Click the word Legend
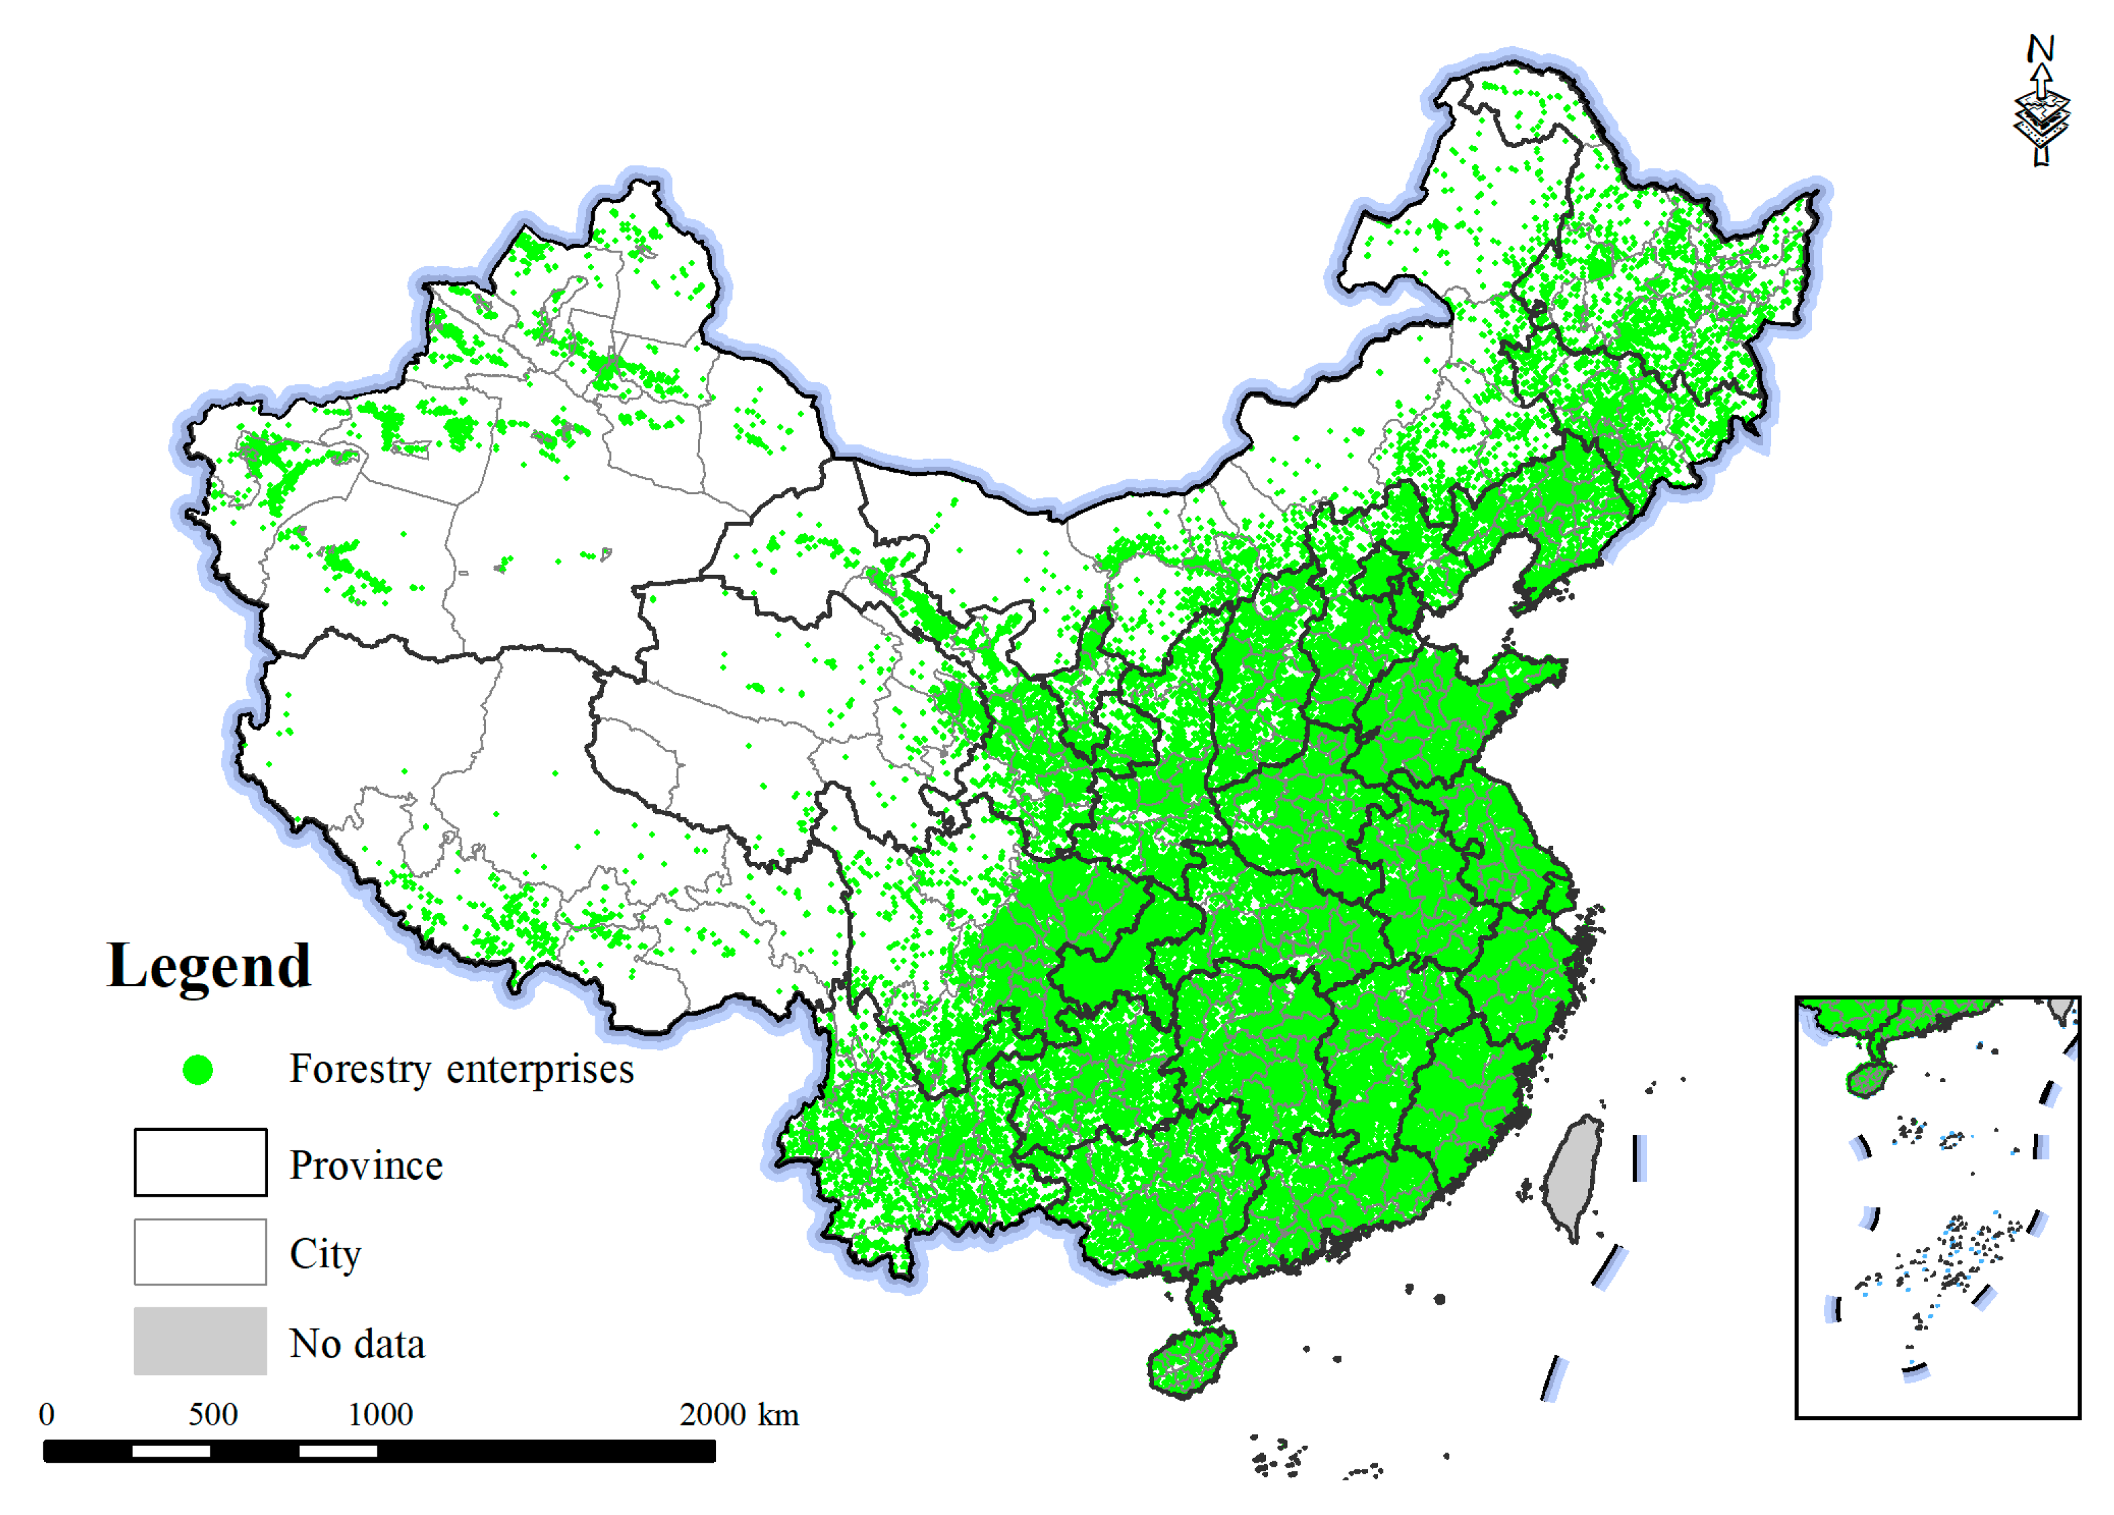209,966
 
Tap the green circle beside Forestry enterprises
198,1070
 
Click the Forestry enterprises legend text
462,1068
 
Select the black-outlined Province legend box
200,1163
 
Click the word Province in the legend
367,1165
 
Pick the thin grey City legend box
200,1252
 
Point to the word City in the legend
325,1254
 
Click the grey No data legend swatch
200,1342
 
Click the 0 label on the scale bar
47,1415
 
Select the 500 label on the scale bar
212,1415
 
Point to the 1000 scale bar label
380,1415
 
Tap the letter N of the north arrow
2041,48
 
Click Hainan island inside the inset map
1868,1081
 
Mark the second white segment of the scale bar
337,1451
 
